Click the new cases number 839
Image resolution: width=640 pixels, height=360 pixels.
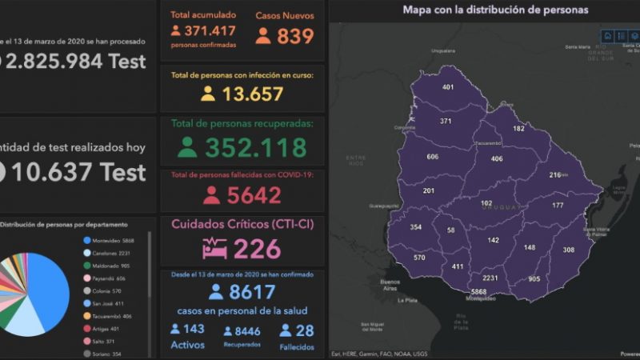pyautogui.click(x=295, y=36)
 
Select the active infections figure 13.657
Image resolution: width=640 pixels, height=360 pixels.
pyautogui.click(x=253, y=94)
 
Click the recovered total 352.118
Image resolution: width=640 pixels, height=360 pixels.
pyautogui.click(x=255, y=148)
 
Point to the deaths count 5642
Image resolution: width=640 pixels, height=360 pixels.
pyautogui.click(x=254, y=195)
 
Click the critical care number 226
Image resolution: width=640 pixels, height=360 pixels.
pyautogui.click(x=257, y=249)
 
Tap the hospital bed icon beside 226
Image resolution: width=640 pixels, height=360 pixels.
pyautogui.click(x=214, y=249)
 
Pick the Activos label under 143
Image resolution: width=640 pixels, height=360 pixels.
pyautogui.click(x=187, y=346)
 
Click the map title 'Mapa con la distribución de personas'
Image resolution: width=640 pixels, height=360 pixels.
pyautogui.click(x=495, y=10)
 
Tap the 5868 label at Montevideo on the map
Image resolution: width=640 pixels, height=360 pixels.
pyautogui.click(x=479, y=293)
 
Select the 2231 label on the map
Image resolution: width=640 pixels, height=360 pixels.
pyautogui.click(x=490, y=278)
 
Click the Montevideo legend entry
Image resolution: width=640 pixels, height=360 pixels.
pyautogui.click(x=112, y=240)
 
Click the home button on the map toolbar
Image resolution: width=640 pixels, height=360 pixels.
pyautogui.click(x=608, y=36)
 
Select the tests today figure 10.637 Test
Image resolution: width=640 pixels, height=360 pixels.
pyautogui.click(x=80, y=171)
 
